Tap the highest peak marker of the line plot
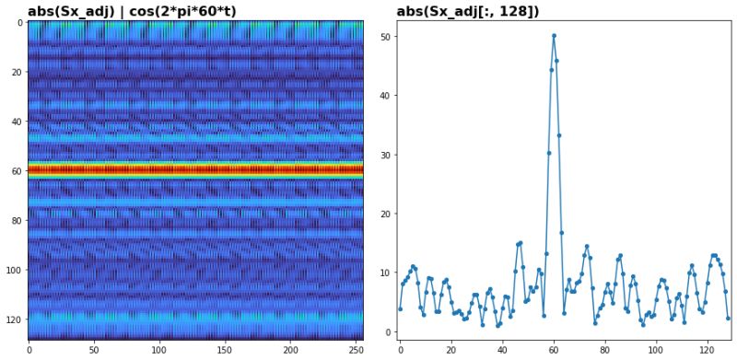point(554,35)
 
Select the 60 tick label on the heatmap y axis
point(18,171)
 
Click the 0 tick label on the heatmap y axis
point(20,22)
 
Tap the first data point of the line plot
point(400,308)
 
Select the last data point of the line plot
point(728,318)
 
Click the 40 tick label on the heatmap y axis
point(18,122)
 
